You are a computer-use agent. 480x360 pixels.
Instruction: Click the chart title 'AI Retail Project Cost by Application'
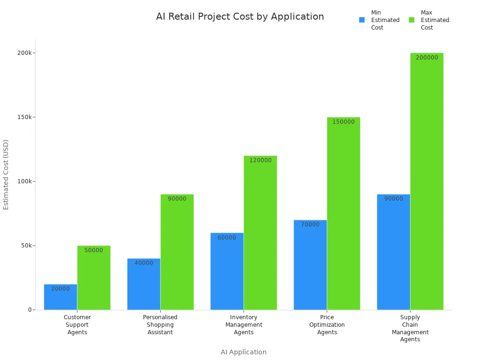pos(240,17)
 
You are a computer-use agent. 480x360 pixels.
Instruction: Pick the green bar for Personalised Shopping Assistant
pos(177,253)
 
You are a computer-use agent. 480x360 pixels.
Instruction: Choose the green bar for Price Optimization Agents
pos(344,216)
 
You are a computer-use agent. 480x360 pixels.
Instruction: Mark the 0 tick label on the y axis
pos(30,310)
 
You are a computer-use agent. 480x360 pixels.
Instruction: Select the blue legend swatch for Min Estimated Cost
pos(362,20)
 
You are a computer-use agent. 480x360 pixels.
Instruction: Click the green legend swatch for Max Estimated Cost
pos(412,20)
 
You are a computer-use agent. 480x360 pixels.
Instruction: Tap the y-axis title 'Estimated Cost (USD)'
pos(6,174)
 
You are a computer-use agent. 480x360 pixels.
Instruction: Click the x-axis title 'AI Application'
pos(244,352)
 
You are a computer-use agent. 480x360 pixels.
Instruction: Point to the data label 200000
pos(427,58)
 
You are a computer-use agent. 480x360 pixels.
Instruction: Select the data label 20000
pos(60,289)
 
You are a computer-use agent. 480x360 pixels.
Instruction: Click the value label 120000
pos(260,160)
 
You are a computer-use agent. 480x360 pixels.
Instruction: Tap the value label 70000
pos(310,225)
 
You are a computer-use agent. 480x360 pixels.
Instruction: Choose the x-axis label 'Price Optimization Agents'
pos(327,325)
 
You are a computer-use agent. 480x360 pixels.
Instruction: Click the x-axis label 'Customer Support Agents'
pos(77,325)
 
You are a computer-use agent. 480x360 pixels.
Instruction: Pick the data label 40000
pos(144,263)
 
